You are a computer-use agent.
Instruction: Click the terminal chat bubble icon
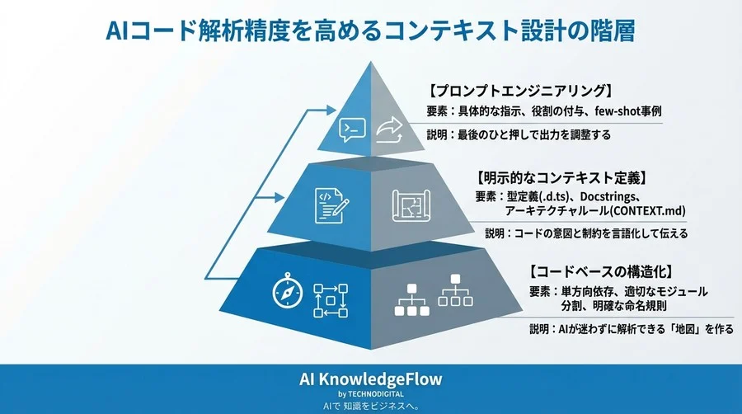(352, 128)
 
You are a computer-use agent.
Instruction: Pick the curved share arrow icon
(389, 128)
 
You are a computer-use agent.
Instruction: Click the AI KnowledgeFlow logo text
(370, 379)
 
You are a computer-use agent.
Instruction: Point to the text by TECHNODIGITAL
(370, 394)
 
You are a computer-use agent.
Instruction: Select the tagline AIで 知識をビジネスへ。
(370, 407)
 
